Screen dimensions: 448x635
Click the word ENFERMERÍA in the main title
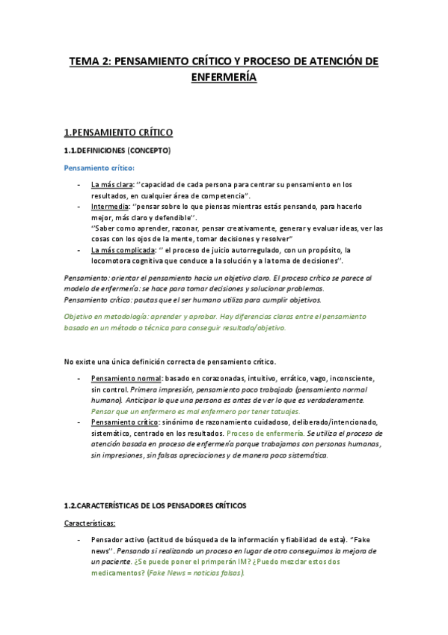point(224,76)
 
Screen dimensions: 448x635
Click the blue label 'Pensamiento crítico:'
point(99,168)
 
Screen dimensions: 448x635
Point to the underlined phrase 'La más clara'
point(112,183)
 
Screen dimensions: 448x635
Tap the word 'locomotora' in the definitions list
point(114,260)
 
